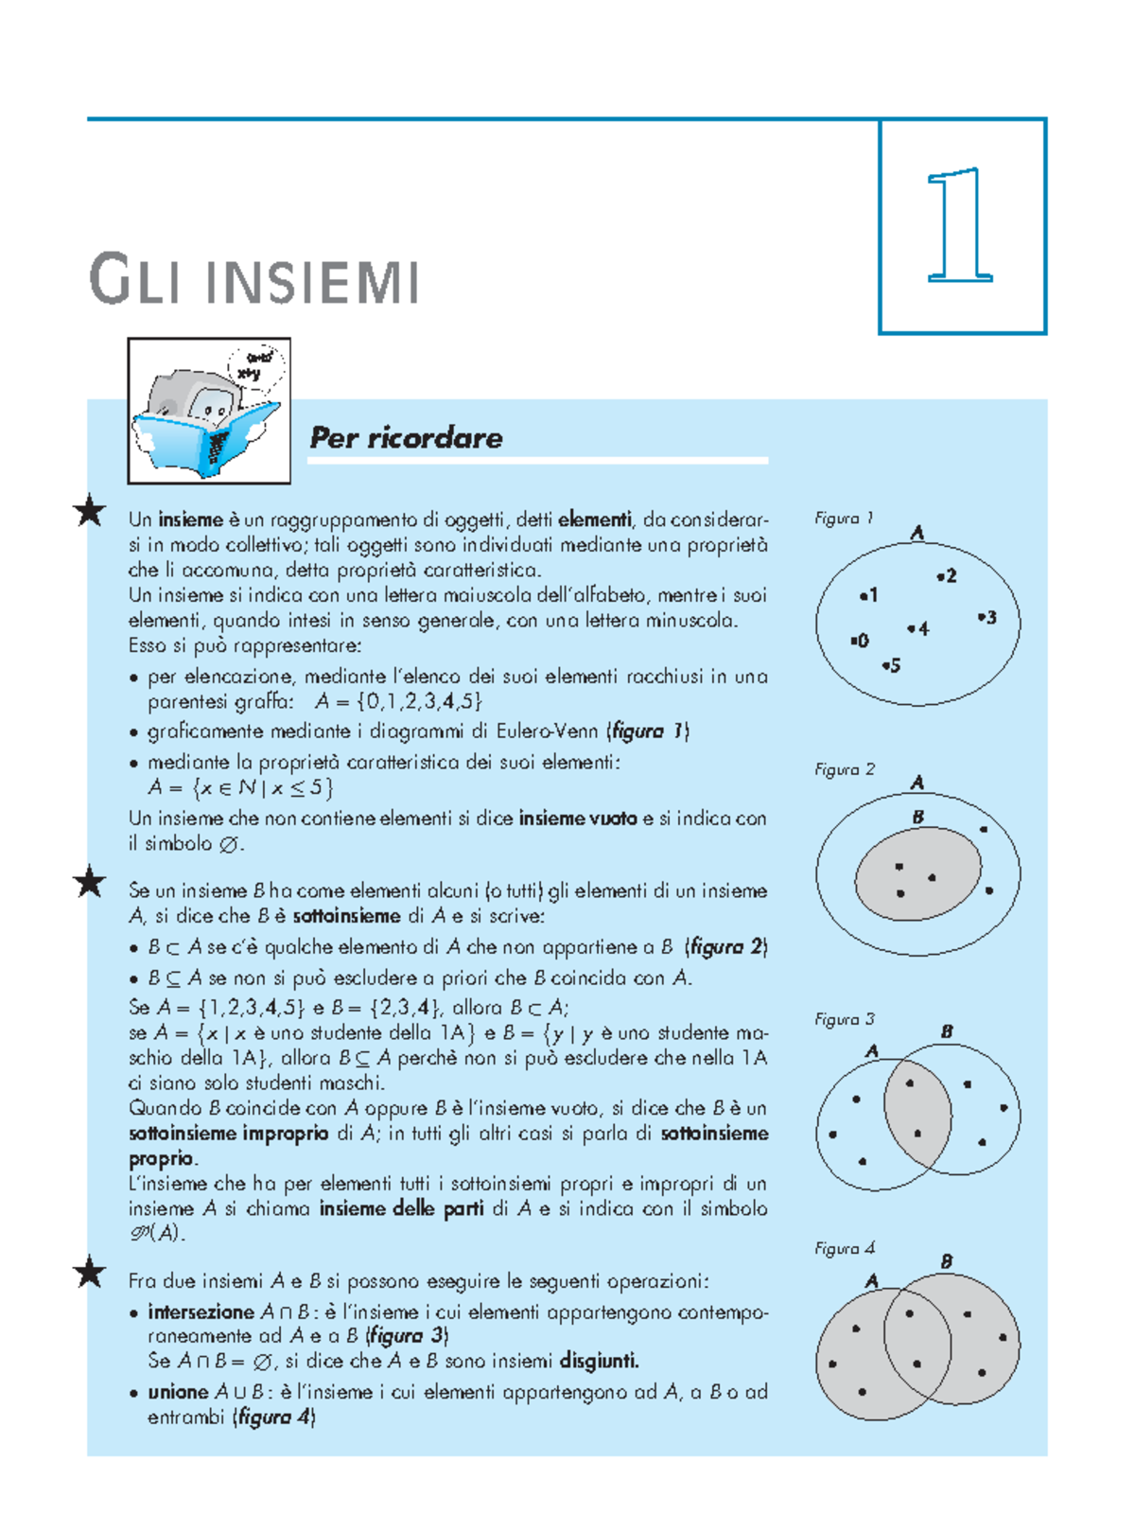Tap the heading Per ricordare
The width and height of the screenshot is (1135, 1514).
coord(407,438)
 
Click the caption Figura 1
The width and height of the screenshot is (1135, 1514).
coord(844,519)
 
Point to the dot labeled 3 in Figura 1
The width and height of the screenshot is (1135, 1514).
coord(982,617)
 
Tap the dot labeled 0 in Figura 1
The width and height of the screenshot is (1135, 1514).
coord(853,641)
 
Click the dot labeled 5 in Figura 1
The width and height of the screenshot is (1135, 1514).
coord(885,666)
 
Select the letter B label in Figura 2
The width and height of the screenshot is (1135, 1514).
coord(917,817)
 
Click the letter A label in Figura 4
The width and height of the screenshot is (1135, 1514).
coord(872,1281)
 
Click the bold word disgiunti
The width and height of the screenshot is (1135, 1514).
coord(599,1362)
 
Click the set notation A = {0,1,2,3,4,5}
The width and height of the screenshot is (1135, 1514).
coord(398,702)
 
